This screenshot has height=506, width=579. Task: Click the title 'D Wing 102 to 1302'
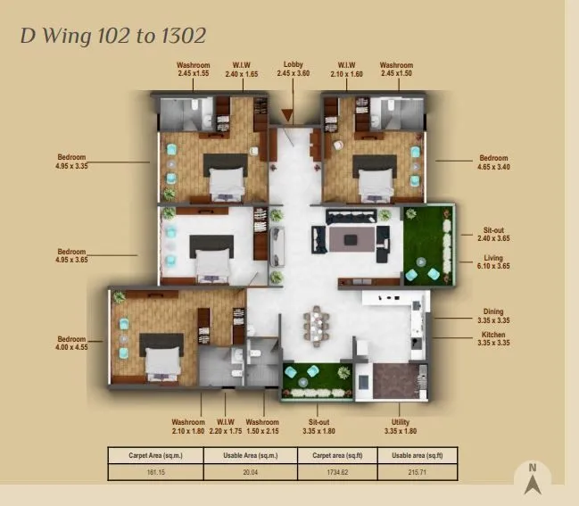coord(113,36)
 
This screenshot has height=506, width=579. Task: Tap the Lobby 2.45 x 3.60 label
coord(293,69)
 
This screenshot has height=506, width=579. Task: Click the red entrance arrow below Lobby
coord(288,114)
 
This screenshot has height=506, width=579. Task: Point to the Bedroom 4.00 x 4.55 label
coord(70,344)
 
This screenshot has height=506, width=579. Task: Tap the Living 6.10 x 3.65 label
coord(493,265)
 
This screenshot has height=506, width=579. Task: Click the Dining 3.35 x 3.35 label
coord(493,317)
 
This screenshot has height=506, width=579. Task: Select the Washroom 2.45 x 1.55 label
coord(194,69)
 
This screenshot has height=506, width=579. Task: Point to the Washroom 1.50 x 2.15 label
coord(262,426)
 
